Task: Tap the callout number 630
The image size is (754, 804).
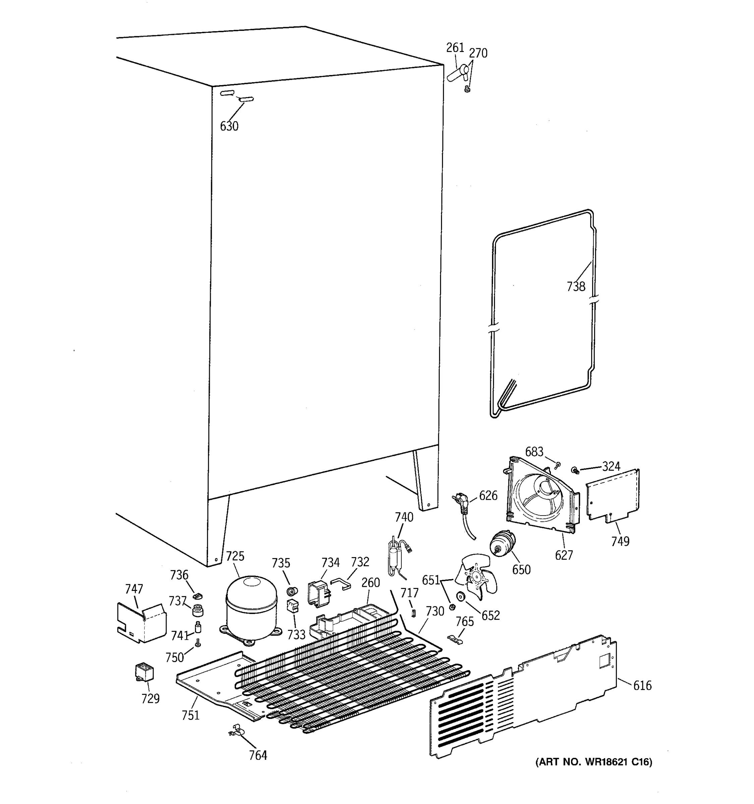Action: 229,126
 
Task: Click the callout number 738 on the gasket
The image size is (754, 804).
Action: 576,286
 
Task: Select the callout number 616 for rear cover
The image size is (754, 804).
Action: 642,685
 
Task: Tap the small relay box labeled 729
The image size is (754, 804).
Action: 144,672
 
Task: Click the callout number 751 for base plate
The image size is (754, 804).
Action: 191,715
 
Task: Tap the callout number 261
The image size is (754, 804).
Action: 455,48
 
